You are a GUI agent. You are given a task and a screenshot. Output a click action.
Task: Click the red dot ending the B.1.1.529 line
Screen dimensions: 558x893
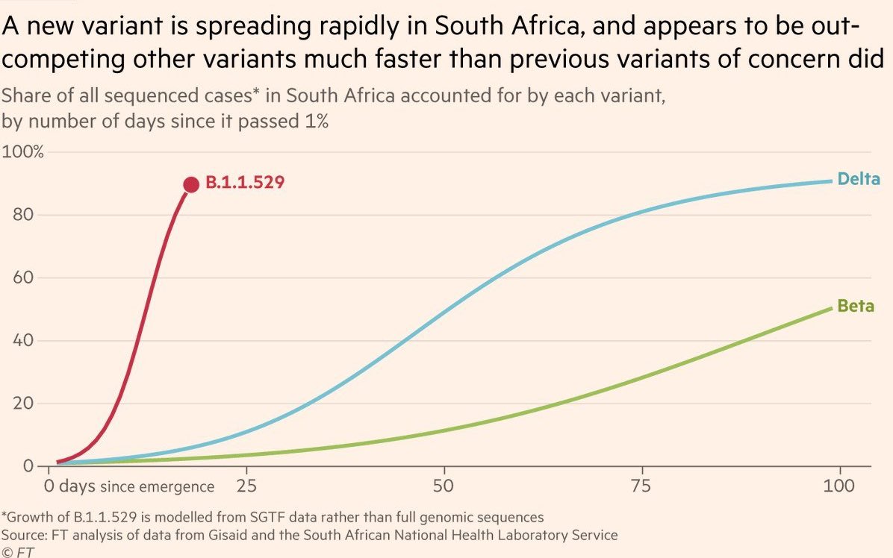[x=191, y=184]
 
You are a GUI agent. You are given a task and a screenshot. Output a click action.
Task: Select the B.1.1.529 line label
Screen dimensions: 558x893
[x=245, y=182]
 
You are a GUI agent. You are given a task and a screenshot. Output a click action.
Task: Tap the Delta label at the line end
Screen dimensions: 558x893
[x=859, y=179]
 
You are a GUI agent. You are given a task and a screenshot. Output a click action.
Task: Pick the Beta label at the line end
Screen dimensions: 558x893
[x=856, y=307]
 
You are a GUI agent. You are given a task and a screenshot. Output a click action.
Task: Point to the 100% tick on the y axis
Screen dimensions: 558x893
[x=25, y=152]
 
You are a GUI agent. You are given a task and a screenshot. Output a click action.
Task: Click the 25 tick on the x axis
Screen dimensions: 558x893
[x=246, y=486]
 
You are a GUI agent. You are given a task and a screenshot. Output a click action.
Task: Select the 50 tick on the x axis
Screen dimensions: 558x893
[x=444, y=486]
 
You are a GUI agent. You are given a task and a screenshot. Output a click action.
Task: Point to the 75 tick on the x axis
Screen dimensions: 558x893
[x=642, y=486]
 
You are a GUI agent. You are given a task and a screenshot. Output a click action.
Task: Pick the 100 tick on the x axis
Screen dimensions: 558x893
[x=840, y=486]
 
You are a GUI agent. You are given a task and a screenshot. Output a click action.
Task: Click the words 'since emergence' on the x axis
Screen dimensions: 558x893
[x=157, y=487]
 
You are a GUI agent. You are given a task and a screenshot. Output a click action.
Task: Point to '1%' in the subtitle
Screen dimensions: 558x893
[x=314, y=121]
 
